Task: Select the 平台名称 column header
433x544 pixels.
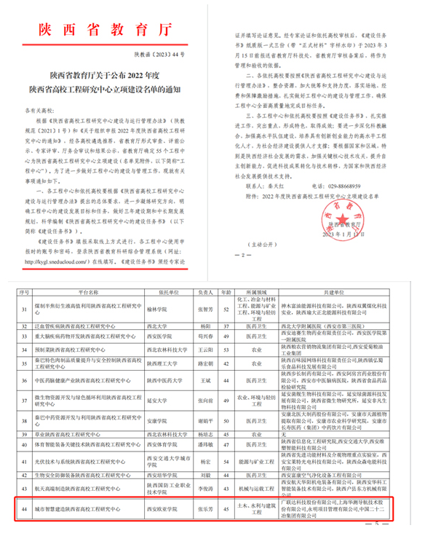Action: click(90, 289)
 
